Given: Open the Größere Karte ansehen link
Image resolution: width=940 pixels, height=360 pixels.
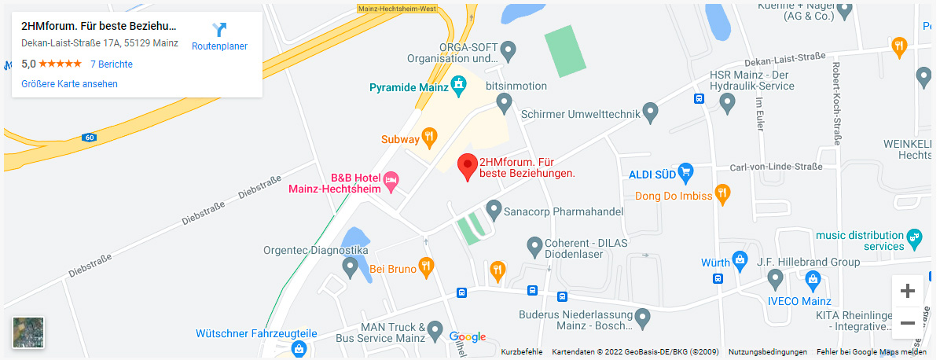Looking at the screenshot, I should click(x=70, y=83).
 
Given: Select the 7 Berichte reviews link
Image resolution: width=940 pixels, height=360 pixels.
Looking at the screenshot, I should click(x=111, y=64).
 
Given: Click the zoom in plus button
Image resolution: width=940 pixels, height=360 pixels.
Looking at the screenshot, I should click(x=907, y=292).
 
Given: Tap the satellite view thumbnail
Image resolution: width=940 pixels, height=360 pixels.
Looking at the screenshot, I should click(x=28, y=332).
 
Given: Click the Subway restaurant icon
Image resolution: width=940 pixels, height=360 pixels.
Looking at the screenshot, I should click(x=429, y=138).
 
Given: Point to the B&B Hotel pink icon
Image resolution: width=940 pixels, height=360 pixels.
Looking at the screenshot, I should click(x=391, y=182).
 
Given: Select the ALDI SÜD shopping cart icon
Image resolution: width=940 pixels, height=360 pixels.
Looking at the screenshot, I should click(x=685, y=171).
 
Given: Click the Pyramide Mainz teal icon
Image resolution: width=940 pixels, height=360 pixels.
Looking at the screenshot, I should click(x=460, y=86).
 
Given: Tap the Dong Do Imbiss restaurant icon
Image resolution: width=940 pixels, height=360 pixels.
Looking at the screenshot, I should click(x=723, y=193).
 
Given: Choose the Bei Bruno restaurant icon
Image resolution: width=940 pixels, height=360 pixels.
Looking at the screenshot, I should click(x=426, y=267).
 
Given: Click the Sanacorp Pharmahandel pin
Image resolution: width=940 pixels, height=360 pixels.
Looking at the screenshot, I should click(x=494, y=210).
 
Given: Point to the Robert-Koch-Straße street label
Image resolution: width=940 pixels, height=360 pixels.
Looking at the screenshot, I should click(x=837, y=103).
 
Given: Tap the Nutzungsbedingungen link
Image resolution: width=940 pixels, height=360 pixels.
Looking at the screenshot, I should click(x=767, y=351).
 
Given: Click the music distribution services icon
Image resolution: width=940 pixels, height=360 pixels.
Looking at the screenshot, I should click(x=913, y=236).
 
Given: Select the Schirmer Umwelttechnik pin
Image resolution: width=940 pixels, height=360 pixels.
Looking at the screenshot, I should click(x=650, y=112).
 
